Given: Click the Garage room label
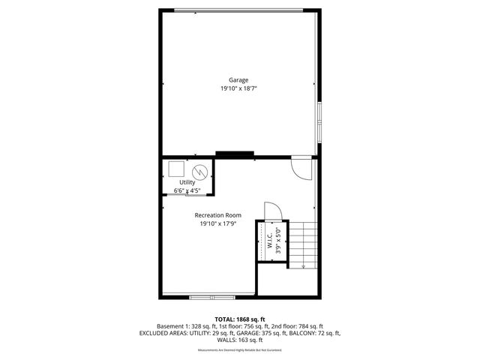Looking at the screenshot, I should [238, 80].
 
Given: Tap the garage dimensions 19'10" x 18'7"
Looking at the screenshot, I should [238, 88].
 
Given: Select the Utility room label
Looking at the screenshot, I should [187, 182].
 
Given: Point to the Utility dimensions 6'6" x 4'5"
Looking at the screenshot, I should [187, 190].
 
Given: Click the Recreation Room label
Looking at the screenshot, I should [217, 216].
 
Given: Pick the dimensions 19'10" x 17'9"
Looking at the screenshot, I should [217, 224].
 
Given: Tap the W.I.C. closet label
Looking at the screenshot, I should [267, 241].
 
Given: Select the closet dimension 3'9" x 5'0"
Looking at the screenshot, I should [277, 241].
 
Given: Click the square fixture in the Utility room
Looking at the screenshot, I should [176, 168].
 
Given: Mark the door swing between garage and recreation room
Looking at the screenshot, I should [301, 168].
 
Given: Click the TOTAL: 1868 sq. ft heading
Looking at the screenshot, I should [240, 319].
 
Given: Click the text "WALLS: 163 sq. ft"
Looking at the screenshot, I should [240, 340].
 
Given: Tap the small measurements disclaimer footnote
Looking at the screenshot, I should [240, 350].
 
